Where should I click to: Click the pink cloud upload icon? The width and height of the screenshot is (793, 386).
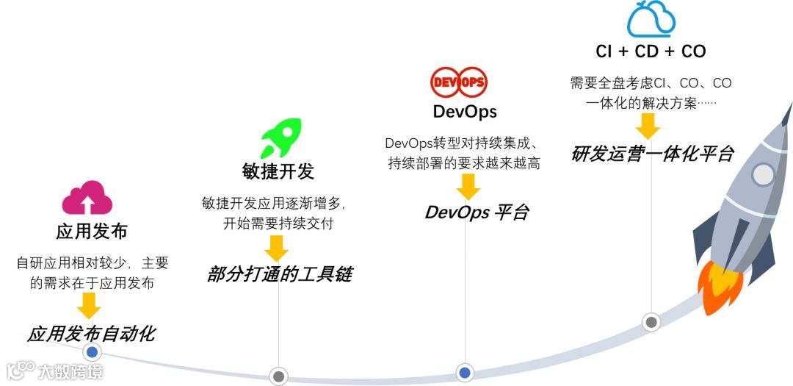click(87, 199)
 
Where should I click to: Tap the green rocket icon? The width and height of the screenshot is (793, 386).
click(280, 138)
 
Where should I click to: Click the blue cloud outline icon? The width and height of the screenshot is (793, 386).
click(651, 20)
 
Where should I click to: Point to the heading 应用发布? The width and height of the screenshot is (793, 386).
click(92, 232)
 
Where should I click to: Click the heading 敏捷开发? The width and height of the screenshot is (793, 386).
click(278, 171)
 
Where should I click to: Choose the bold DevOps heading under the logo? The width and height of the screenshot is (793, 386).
click(465, 112)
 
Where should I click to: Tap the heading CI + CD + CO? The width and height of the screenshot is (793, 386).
click(651, 51)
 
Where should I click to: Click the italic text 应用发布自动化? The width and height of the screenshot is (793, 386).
click(92, 334)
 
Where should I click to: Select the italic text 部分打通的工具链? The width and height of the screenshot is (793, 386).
click(280, 275)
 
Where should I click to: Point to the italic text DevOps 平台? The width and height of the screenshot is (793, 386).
click(477, 212)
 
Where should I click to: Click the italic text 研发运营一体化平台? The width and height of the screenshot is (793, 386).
click(653, 154)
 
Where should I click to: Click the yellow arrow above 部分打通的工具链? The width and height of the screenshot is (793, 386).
click(277, 248)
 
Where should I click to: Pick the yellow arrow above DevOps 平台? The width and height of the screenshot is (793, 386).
click(468, 187)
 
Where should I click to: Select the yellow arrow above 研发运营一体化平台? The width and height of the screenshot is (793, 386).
click(648, 126)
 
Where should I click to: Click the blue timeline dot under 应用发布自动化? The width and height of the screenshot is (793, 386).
click(92, 352)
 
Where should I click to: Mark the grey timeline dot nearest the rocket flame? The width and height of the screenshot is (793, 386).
click(651, 321)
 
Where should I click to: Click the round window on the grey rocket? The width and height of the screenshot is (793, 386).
click(764, 174)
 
